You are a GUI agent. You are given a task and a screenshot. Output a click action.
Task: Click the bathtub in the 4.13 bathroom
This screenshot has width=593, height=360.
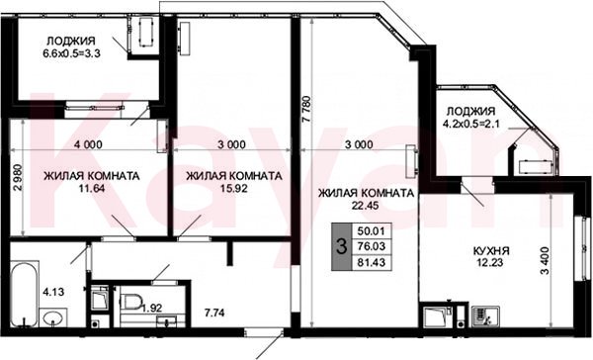point(25,294)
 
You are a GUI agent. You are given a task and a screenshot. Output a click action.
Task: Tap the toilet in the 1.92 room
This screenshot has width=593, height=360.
point(130,302)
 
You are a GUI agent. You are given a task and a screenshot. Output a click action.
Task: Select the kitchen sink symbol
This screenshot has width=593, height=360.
point(486,316)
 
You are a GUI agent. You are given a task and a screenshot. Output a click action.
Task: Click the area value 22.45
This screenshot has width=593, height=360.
point(365,205)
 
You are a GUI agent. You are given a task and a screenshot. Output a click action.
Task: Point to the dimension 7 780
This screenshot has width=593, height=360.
point(306,109)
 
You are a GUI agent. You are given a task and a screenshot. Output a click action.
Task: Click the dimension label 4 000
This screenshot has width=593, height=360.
point(88,144)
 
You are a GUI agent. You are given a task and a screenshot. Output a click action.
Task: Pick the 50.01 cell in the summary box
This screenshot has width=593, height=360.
point(371,230)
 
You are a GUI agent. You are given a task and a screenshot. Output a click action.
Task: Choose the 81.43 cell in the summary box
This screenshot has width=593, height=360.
point(371,262)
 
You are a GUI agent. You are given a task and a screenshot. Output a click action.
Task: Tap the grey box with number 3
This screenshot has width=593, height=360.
point(341,246)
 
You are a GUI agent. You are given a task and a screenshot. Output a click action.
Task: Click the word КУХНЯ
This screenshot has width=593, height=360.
point(491,250)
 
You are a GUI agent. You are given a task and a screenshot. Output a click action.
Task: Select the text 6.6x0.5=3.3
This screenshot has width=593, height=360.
point(71,53)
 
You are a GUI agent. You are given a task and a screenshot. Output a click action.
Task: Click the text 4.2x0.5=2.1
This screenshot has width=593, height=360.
point(470,124)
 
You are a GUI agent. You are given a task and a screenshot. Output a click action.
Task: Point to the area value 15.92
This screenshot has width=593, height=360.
point(234,188)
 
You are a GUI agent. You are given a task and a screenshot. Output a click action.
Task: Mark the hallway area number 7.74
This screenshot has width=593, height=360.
point(214,313)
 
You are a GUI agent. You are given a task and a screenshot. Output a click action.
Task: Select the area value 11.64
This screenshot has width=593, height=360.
point(91,188)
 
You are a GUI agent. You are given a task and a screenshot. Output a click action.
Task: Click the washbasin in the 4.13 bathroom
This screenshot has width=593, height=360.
point(53,317)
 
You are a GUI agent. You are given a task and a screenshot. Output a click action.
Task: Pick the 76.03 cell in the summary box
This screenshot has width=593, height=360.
point(371,246)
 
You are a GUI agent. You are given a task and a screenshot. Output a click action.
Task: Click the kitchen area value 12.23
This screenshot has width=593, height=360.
point(489,262)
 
